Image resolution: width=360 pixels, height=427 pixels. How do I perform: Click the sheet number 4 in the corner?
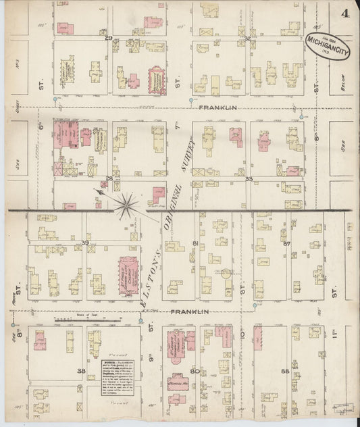click(x=345, y=13)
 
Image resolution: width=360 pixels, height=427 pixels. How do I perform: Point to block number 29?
click(x=108, y=39)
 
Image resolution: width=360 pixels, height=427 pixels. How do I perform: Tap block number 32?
click(x=249, y=39)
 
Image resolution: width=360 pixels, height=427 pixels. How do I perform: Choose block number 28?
click(x=109, y=178)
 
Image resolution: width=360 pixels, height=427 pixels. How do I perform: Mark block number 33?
click(x=249, y=179)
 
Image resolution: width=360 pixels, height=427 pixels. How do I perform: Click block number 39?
click(x=85, y=242)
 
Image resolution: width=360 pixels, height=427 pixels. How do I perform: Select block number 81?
click(x=195, y=243)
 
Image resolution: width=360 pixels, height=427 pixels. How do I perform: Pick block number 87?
click(x=286, y=243)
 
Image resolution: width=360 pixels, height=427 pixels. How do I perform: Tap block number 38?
click(x=81, y=371)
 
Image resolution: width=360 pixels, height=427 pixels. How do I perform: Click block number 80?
click(x=195, y=371)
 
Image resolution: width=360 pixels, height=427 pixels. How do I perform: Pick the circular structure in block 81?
click(x=225, y=274)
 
